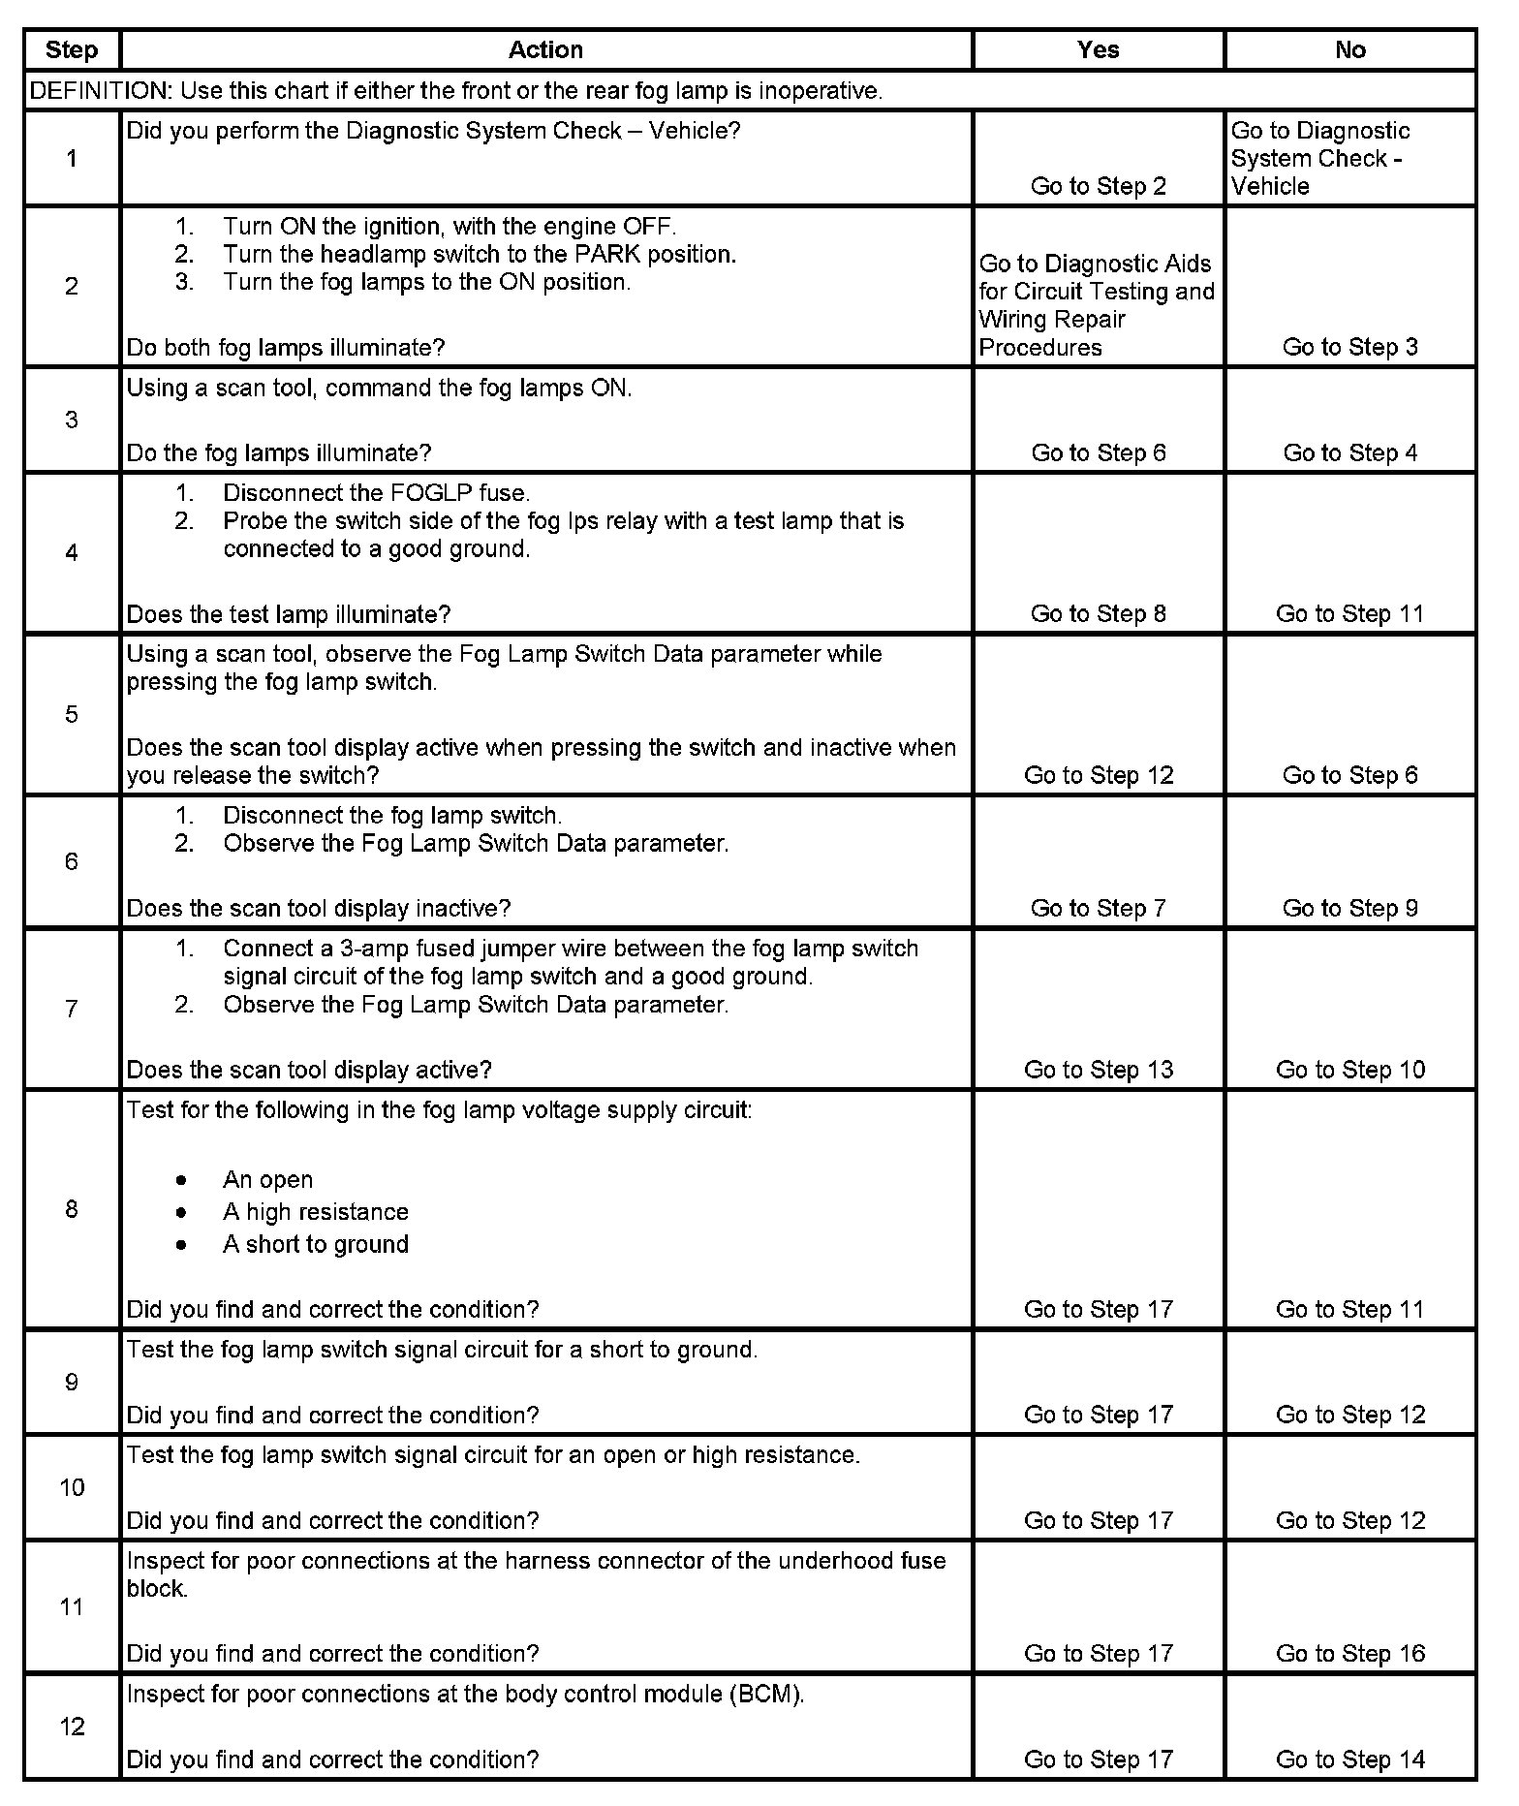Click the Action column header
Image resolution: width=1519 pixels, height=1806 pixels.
click(545, 50)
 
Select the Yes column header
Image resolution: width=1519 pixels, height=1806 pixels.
click(1098, 50)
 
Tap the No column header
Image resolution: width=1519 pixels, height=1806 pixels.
click(1349, 50)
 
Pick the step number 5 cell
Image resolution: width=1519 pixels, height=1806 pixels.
click(72, 715)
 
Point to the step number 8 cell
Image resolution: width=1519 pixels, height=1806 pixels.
click(72, 1209)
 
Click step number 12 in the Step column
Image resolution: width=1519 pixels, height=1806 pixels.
click(72, 1726)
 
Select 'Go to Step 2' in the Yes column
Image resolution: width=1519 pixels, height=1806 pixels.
click(1098, 186)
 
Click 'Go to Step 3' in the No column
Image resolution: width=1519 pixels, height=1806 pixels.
click(1349, 347)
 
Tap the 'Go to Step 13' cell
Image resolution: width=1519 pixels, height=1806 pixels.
click(1098, 1070)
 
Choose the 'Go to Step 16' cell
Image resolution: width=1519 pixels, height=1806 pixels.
click(1349, 1653)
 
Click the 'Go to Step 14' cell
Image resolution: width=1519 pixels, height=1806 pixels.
click(1349, 1759)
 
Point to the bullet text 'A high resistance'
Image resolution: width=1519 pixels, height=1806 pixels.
click(316, 1212)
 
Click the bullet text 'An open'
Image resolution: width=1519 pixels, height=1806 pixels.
click(268, 1180)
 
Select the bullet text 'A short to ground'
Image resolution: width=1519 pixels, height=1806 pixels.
click(316, 1244)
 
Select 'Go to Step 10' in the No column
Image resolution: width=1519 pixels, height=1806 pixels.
click(1349, 1070)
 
